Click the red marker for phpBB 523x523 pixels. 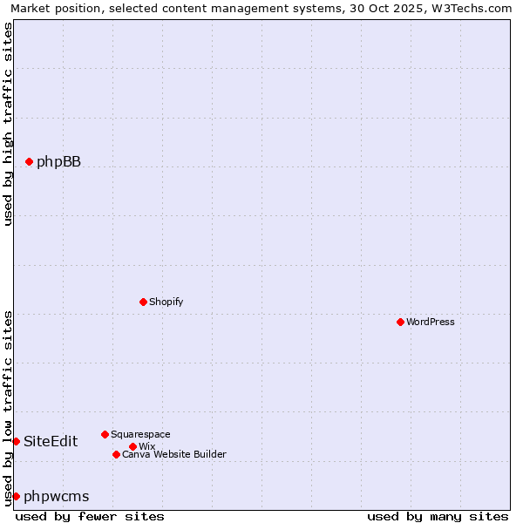coord(29,161)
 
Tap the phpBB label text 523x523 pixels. coord(58,161)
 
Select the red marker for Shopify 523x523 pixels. coord(144,302)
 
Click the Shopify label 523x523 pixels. coord(166,302)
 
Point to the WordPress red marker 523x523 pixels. coord(400,322)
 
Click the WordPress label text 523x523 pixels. coord(431,322)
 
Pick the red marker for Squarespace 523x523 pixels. coord(105,434)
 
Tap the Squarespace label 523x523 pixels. coord(140,434)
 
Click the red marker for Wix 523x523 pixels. coord(132,446)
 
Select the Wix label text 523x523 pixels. coord(146,446)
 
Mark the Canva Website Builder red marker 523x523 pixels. coord(116,454)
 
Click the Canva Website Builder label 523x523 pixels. coord(174,454)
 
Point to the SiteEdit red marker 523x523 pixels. coord(16,441)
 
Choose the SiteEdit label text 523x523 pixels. coord(51,441)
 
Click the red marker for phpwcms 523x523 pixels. coord(16,496)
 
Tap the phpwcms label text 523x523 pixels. coord(57,496)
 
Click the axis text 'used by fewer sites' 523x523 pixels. coord(90,516)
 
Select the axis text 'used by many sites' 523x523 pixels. coord(438,516)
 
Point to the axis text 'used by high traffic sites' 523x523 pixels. coord(9,125)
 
